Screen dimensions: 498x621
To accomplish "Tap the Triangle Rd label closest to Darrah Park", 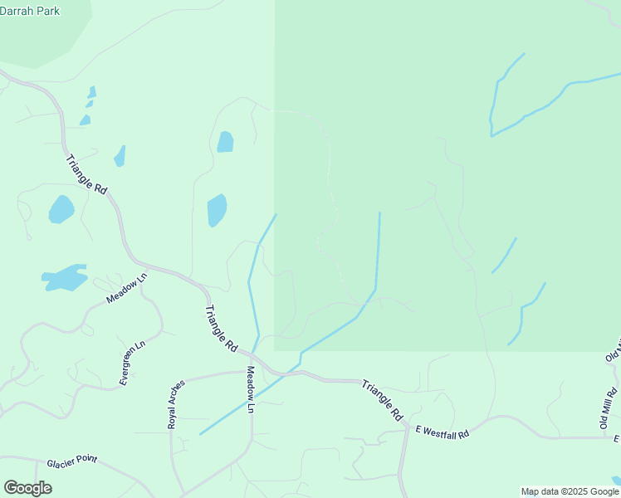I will [x=86, y=175].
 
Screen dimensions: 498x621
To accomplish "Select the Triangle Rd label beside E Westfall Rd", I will [x=383, y=400].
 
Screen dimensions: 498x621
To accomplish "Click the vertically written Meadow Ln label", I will [x=250, y=390].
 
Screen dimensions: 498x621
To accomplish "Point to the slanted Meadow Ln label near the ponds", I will [x=126, y=287].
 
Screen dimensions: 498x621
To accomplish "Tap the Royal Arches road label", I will [x=173, y=404].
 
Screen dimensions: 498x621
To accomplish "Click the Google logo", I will [x=27, y=488].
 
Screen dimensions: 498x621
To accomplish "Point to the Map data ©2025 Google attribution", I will [x=570, y=491].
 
